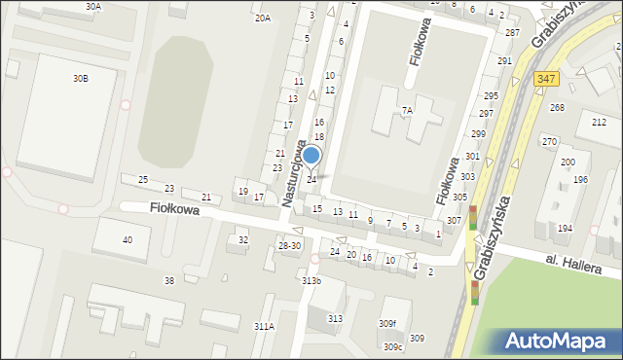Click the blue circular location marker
[311, 155]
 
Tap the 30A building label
[92, 6]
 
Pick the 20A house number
[262, 18]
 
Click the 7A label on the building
[407, 111]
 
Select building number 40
[127, 239]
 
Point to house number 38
[168, 280]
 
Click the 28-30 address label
[289, 246]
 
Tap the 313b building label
[311, 281]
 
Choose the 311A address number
[264, 327]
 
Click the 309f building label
[387, 323]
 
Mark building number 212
[599, 122]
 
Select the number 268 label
[557, 107]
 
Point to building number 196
[580, 180]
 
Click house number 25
[143, 180]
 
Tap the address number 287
[512, 32]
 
